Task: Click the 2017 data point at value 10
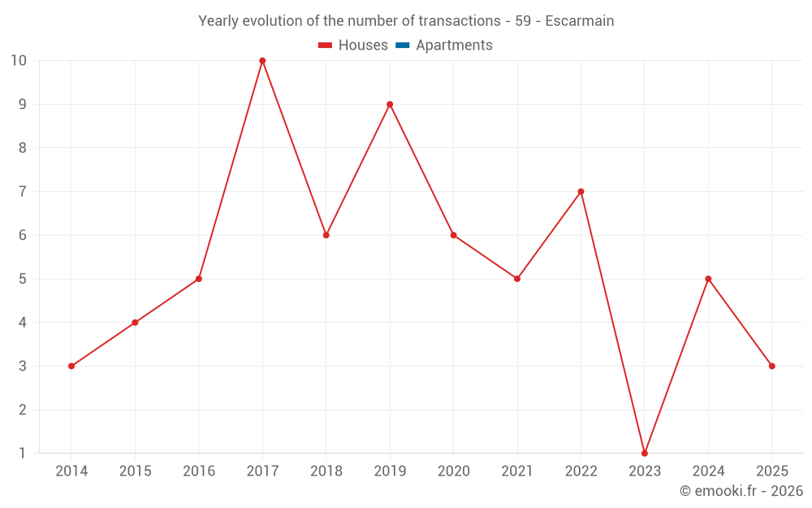point(262,61)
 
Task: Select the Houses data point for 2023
point(645,453)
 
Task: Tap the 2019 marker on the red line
point(390,104)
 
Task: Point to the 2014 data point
point(71,366)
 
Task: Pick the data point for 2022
point(581,192)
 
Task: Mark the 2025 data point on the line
point(771,366)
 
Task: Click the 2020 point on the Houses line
point(453,235)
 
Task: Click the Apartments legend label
point(454,46)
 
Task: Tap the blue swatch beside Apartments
point(402,46)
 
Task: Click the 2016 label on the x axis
point(199,471)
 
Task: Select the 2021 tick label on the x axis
point(517,471)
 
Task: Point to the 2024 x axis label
point(708,471)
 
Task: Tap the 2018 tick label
point(326,471)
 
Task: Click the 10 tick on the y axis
point(19,61)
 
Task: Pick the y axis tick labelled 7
point(23,192)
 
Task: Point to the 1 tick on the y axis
point(23,453)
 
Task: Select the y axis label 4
point(23,323)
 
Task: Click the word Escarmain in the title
point(579,21)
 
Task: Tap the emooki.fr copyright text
point(741,491)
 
